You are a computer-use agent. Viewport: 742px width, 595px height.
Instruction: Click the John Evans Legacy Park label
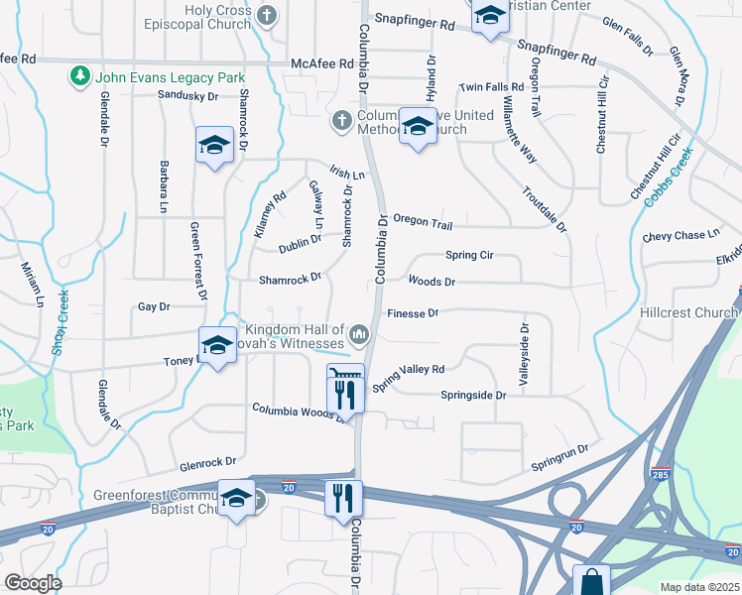click(x=170, y=76)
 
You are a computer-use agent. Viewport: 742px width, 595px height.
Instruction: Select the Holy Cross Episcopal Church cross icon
click(x=266, y=15)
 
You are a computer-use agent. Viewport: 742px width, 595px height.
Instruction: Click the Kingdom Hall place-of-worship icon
click(x=358, y=331)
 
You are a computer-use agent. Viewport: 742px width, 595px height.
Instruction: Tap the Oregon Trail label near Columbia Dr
click(x=423, y=221)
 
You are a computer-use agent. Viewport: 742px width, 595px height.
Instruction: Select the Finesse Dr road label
click(x=412, y=312)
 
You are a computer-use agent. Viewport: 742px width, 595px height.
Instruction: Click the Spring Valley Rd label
click(x=409, y=377)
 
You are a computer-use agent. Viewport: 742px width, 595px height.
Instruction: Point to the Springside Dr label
click(x=473, y=395)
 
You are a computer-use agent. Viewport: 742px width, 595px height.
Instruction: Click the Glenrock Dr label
click(x=208, y=462)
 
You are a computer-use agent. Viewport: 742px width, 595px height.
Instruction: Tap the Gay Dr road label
click(x=154, y=307)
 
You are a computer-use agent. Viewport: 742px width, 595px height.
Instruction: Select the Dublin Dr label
click(x=300, y=241)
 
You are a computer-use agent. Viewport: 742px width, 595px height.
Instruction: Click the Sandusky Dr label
click(x=187, y=95)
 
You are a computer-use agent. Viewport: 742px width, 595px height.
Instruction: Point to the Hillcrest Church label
click(x=698, y=312)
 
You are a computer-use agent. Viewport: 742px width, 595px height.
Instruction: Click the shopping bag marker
click(x=591, y=579)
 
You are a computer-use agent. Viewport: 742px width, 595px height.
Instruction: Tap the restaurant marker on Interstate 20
click(x=343, y=498)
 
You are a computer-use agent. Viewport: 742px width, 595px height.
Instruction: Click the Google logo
click(x=34, y=583)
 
